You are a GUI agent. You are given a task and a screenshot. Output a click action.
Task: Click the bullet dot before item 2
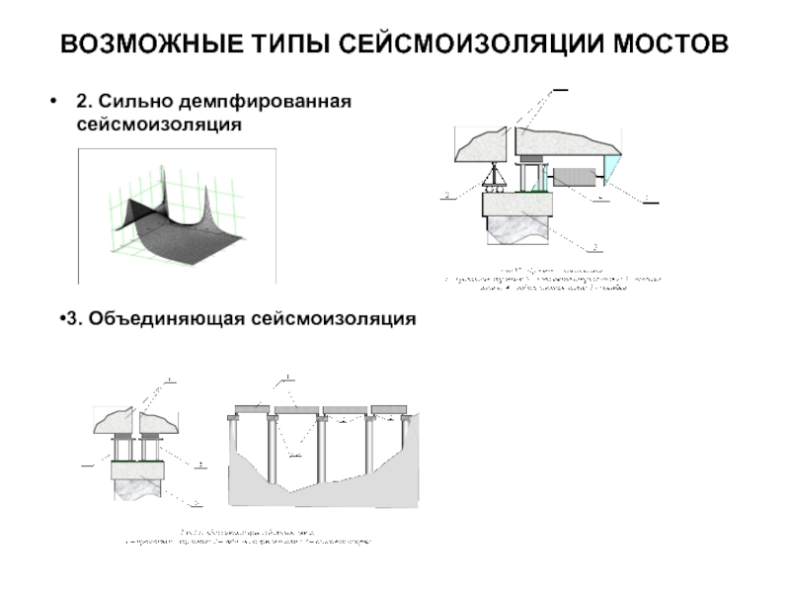tap(51, 103)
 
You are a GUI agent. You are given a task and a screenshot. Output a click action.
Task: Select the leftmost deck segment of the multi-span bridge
tap(253, 408)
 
